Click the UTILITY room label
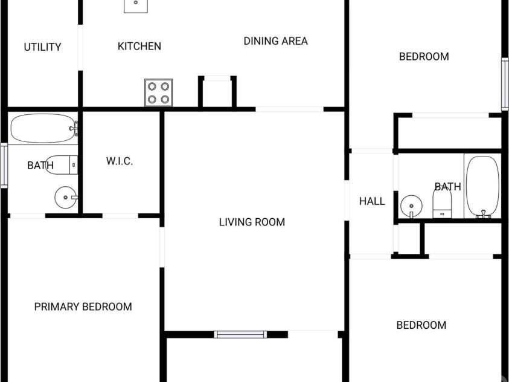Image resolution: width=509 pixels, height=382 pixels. (x=42, y=47)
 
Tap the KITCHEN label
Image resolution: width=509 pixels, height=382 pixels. (x=139, y=46)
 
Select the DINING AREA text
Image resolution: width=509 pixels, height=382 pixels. (x=275, y=41)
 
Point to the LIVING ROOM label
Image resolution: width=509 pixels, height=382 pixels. (x=252, y=222)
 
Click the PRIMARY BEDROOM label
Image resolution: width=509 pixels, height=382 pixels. (x=83, y=306)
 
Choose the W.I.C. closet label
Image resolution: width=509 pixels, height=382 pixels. (x=120, y=161)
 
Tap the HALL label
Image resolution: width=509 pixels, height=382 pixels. (x=372, y=201)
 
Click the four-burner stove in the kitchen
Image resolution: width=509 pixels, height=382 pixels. (x=158, y=92)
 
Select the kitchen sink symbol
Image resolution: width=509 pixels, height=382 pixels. (x=136, y=5)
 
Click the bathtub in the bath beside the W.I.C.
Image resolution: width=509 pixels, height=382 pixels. (x=44, y=128)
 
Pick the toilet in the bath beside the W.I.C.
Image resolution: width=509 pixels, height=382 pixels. (x=62, y=164)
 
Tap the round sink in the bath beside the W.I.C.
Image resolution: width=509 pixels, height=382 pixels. (x=66, y=197)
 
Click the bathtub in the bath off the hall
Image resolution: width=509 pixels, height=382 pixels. (x=482, y=186)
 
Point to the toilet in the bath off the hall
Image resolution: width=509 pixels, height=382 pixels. (x=442, y=202)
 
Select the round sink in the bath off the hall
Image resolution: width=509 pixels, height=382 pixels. (x=411, y=206)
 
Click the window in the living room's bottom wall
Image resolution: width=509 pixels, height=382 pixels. (x=240, y=334)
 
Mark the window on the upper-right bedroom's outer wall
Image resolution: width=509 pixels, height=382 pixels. (x=505, y=84)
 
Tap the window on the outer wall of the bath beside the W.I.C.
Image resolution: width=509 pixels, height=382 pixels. (x=4, y=166)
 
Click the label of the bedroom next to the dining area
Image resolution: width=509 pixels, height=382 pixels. (x=424, y=57)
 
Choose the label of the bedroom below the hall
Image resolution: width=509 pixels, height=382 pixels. (x=421, y=325)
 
